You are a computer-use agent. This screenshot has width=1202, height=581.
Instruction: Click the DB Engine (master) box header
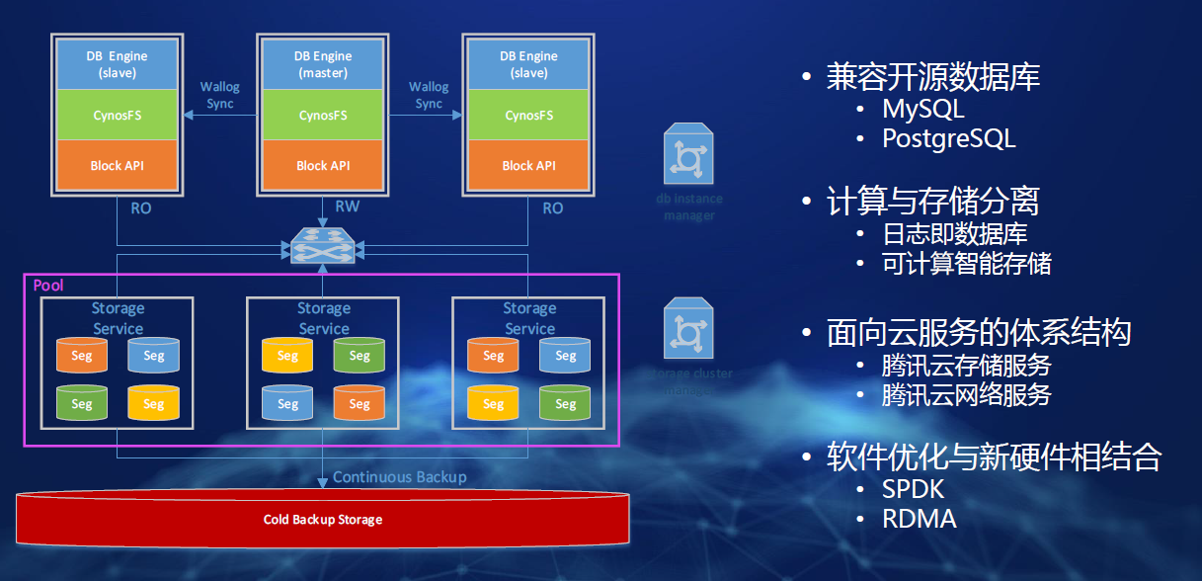point(323,64)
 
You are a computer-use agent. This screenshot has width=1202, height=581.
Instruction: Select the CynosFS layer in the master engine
point(323,116)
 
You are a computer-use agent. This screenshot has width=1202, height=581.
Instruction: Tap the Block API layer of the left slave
point(117,165)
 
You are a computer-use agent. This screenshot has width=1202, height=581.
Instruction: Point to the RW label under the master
point(348,207)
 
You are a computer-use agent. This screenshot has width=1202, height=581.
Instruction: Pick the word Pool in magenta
point(48,286)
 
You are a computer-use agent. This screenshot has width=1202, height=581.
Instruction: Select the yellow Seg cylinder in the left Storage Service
point(153,403)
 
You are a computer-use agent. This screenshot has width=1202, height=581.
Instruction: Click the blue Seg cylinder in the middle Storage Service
point(287,403)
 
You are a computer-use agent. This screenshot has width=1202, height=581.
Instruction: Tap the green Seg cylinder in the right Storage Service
point(565,403)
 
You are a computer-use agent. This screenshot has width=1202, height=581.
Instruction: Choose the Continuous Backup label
point(399,477)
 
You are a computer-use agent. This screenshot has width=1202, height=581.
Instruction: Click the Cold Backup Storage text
point(322,519)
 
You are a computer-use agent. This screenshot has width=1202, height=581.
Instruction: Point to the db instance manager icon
point(689,155)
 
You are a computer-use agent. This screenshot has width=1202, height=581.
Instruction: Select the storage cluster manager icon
point(689,330)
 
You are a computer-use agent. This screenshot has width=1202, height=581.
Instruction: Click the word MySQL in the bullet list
point(922,109)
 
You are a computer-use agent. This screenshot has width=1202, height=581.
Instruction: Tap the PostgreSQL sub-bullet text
point(948,138)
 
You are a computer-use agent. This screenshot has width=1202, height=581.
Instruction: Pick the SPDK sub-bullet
point(914,489)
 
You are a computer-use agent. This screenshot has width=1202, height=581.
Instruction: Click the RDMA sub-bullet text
point(919,519)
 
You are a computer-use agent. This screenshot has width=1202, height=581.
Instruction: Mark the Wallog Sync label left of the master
point(219,95)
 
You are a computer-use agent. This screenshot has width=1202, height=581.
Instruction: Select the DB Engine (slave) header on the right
point(528,64)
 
